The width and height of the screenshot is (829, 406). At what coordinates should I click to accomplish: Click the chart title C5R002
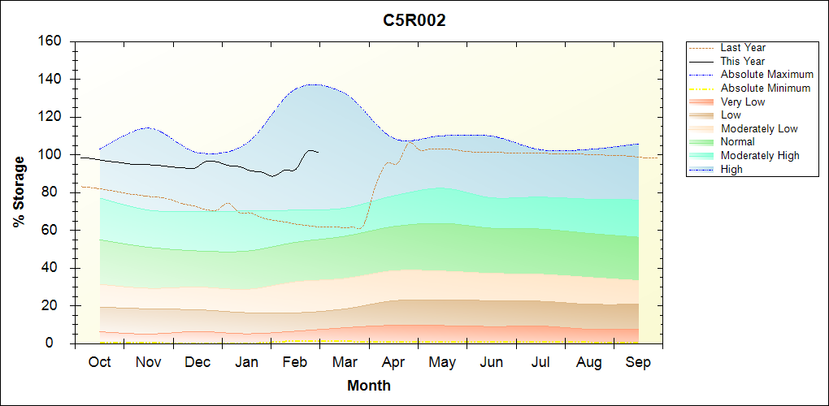[414, 21]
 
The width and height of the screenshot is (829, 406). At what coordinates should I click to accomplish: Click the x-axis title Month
[369, 386]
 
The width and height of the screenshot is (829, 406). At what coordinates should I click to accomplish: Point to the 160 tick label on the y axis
[51, 41]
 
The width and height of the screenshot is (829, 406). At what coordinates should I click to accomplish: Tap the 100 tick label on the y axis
[51, 155]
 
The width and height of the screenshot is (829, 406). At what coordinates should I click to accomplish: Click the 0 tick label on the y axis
[58, 343]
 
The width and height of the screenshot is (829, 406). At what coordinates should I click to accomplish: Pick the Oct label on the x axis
[99, 362]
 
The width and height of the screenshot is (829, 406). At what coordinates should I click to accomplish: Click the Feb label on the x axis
[295, 362]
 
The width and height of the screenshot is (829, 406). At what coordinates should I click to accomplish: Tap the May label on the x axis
[442, 362]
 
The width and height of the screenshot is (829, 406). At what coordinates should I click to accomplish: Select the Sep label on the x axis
[638, 362]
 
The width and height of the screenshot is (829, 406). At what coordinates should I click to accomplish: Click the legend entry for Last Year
[743, 48]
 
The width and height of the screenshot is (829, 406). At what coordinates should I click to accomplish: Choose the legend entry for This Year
[743, 61]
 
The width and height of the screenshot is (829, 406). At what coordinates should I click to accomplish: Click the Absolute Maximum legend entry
[766, 75]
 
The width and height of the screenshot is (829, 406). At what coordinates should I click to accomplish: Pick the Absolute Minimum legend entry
[766, 88]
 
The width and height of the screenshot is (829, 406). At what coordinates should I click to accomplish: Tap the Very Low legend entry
[743, 101]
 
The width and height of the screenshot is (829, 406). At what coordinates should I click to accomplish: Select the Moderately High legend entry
[760, 155]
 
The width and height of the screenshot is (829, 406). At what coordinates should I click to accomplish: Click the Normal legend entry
[737, 142]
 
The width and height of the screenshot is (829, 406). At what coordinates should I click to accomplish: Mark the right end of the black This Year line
[319, 152]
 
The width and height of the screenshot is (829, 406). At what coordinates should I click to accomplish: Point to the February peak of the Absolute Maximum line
[313, 84]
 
